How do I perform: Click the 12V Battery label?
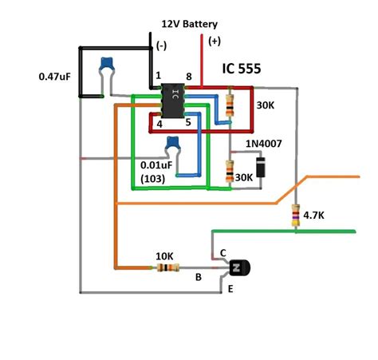tap(189, 25)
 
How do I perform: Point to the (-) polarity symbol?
tap(163, 45)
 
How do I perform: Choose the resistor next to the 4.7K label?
tap(295, 214)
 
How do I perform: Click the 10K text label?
tap(164, 256)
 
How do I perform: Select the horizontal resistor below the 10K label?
tap(163, 268)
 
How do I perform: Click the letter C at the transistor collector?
tap(222, 252)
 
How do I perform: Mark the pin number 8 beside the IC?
tap(189, 77)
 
